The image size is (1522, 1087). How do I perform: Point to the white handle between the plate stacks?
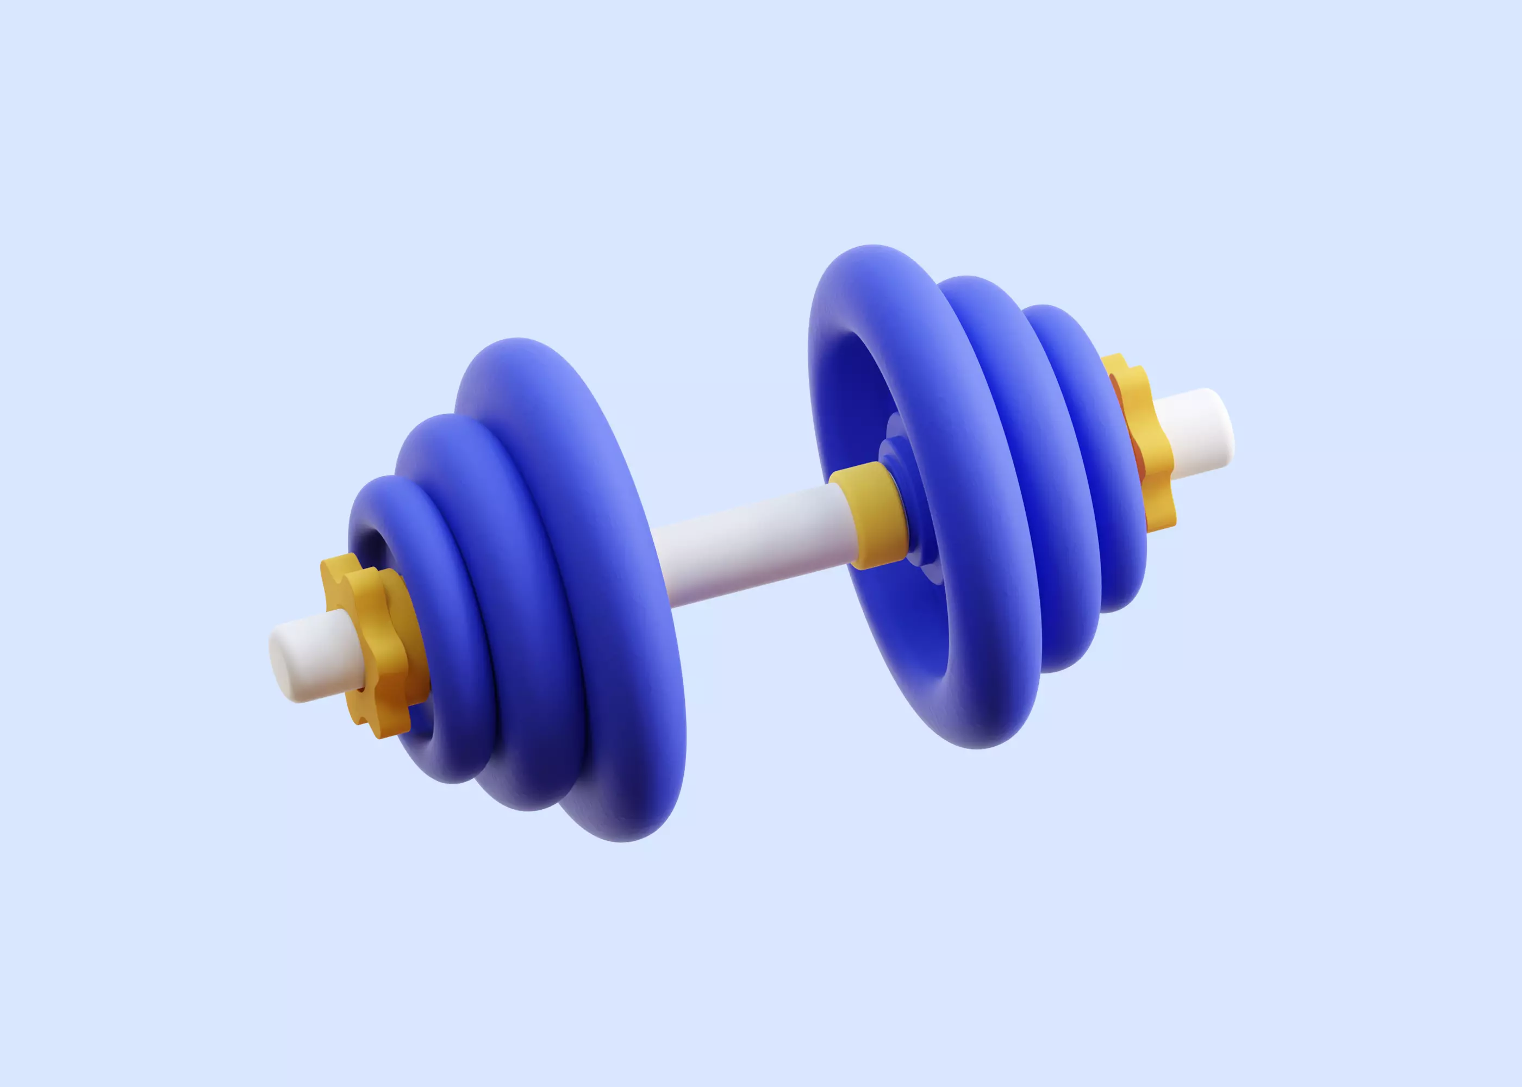click(x=750, y=542)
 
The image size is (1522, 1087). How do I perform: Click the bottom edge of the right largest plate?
click(x=977, y=747)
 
